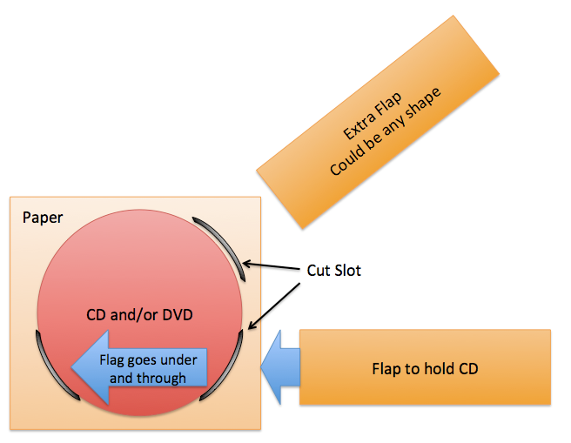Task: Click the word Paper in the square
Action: (43, 217)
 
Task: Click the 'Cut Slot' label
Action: (334, 271)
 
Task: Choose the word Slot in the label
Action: (346, 271)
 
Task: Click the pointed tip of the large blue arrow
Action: (73, 369)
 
